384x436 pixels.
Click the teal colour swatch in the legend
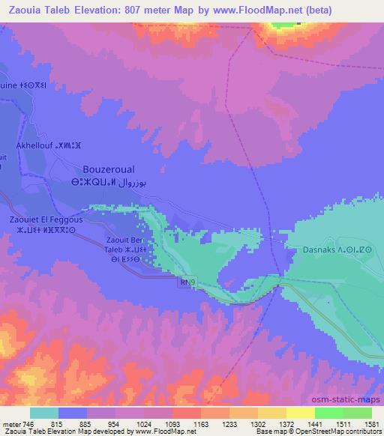(44, 413)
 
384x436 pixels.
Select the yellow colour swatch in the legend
(300, 413)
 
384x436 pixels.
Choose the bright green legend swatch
(328, 413)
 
